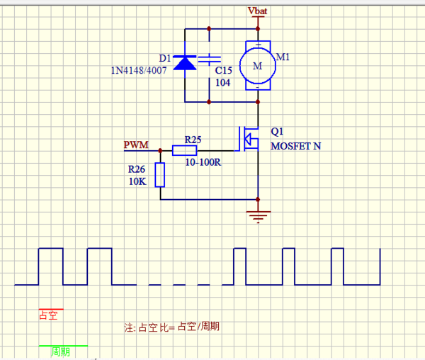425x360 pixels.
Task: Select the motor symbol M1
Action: (x=257, y=66)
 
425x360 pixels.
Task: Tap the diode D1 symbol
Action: (x=186, y=64)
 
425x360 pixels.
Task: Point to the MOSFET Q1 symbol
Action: (x=250, y=138)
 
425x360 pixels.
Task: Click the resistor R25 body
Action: (x=185, y=150)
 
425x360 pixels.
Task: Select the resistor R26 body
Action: (x=160, y=174)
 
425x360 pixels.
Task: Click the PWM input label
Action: (x=136, y=145)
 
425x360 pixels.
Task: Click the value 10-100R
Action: (x=203, y=162)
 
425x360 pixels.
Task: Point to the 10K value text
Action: (x=136, y=181)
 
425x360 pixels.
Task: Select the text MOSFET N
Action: (x=295, y=147)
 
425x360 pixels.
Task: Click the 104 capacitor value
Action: (x=223, y=82)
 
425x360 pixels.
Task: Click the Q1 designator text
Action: (x=277, y=132)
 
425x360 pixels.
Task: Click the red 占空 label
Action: (x=49, y=315)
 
